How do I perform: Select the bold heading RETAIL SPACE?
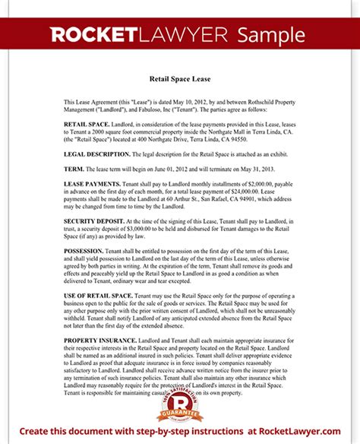pos(85,122)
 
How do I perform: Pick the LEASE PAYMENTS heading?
pos(93,185)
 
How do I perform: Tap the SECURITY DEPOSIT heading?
pos(94,219)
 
